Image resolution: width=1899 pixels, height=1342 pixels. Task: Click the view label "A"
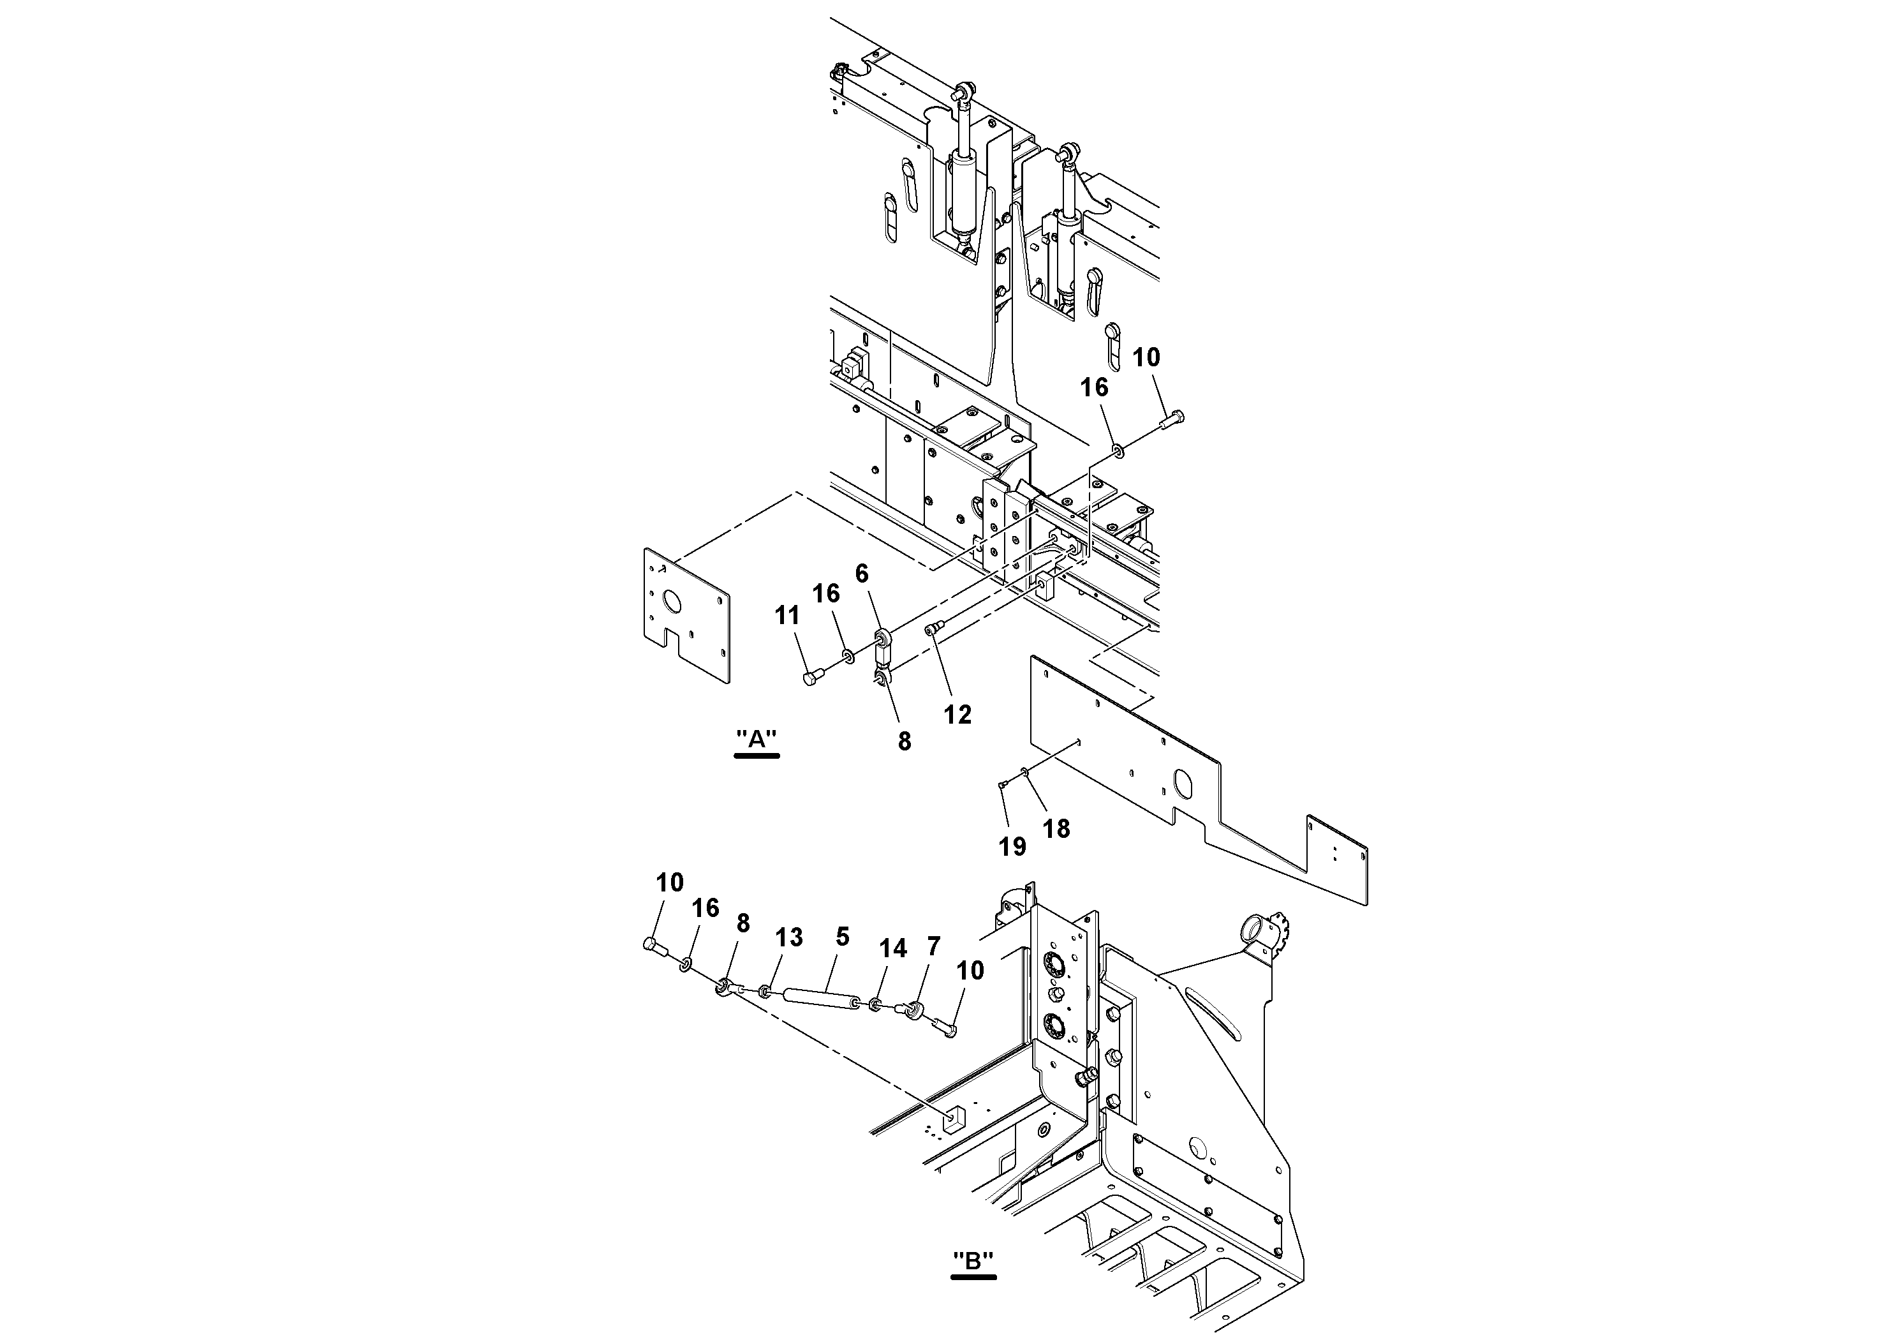[x=757, y=739]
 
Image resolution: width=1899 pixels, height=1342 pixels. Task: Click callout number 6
[x=862, y=574]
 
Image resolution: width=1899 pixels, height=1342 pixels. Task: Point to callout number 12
[x=957, y=714]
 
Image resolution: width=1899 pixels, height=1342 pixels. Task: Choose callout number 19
[x=1012, y=846]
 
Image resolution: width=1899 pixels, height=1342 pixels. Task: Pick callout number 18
[x=1056, y=828]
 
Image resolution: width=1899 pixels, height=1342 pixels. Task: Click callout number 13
[x=789, y=937]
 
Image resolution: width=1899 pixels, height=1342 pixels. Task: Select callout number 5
[x=842, y=937]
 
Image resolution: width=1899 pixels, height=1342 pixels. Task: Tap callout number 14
[x=893, y=948]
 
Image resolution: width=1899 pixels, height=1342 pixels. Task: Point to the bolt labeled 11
[x=811, y=678]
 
